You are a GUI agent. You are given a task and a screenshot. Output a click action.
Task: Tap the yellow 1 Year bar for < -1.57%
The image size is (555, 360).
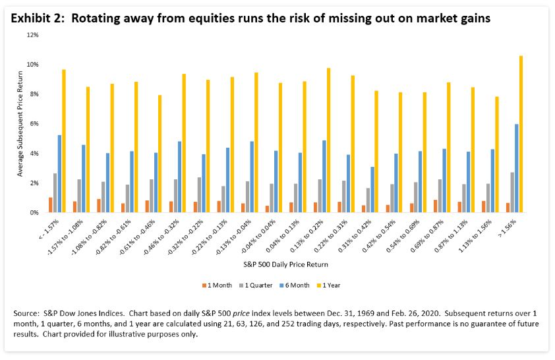tap(64, 141)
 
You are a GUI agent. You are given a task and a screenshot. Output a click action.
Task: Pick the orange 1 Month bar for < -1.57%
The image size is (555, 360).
tap(50, 205)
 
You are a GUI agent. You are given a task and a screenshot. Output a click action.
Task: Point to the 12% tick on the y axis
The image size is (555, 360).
tap(34, 34)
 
